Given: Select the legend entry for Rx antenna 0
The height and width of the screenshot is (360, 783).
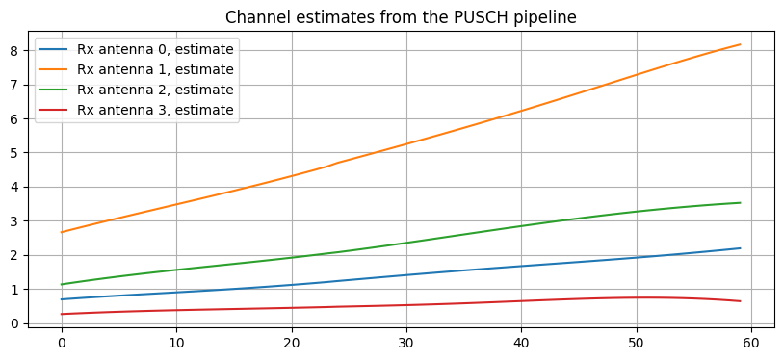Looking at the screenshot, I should [x=155, y=49].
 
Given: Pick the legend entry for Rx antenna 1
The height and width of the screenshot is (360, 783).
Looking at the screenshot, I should [x=155, y=69].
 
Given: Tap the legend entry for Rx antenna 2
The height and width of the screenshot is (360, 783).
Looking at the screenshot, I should [x=155, y=90].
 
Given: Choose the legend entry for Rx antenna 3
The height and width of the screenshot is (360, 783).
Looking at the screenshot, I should [x=155, y=110].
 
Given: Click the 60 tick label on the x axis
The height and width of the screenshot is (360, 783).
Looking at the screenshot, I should [x=751, y=342].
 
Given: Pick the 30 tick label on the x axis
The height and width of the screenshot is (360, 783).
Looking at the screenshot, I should [x=406, y=342].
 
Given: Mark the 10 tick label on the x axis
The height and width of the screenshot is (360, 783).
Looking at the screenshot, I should [x=176, y=342].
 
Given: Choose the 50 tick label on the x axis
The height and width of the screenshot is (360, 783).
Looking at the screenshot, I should [x=636, y=342].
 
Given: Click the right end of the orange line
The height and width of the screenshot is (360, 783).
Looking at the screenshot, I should [x=740, y=44].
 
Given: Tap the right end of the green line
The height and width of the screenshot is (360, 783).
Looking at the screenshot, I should [x=740, y=203].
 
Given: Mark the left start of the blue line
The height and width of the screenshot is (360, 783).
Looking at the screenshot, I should [x=62, y=299].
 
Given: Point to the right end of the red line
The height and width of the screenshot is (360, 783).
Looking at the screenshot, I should [x=740, y=301].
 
